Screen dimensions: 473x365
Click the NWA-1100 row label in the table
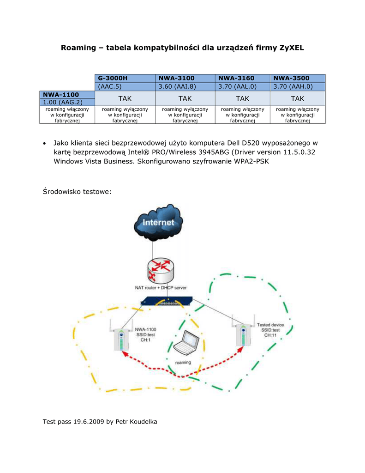click(61, 95)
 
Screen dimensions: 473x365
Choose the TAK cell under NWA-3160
click(242, 98)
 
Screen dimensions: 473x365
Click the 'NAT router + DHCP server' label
click(161, 287)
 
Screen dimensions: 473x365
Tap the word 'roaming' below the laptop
click(183, 362)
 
